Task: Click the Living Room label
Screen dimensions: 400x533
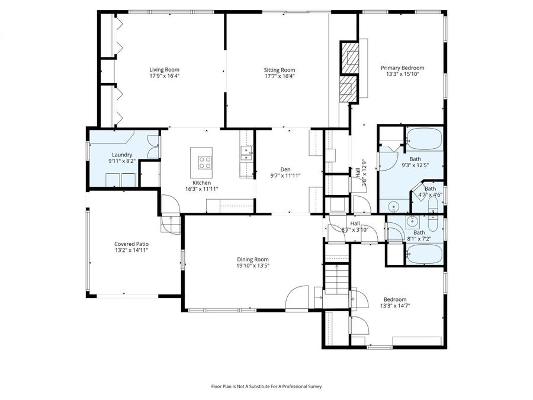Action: pyautogui.click(x=164, y=69)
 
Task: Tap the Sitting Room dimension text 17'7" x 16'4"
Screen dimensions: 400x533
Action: pyautogui.click(x=279, y=76)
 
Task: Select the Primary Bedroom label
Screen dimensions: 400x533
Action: pyautogui.click(x=402, y=68)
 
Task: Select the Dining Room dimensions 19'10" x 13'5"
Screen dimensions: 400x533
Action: pyautogui.click(x=253, y=266)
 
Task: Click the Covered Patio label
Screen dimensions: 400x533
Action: pyautogui.click(x=131, y=244)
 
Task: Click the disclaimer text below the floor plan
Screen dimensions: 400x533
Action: pyautogui.click(x=266, y=386)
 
